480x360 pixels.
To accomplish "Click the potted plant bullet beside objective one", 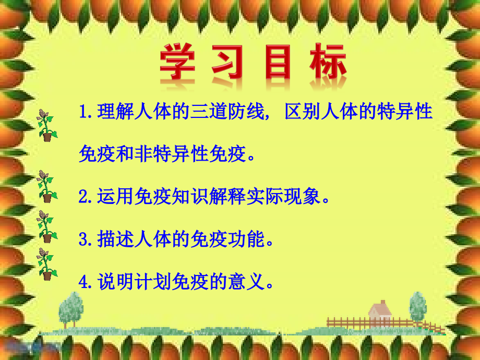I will point(46,126).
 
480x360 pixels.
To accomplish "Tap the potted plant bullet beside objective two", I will point(46,186).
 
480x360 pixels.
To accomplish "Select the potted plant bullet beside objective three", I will point(46,226).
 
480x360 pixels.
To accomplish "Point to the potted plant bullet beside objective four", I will point(46,264).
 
